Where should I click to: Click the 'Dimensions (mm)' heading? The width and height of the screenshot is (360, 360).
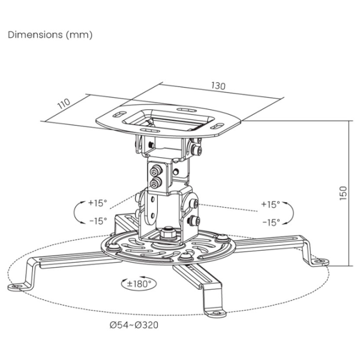(x=50, y=35)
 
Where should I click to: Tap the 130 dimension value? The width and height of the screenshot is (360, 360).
(x=218, y=86)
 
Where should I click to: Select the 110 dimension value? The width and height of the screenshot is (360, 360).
(x=64, y=104)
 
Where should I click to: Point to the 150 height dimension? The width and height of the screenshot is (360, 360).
(x=343, y=193)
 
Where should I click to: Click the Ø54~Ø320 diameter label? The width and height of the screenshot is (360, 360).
(x=134, y=325)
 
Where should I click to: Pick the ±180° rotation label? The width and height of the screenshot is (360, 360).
(x=139, y=284)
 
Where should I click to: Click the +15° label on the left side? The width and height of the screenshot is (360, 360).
(x=98, y=203)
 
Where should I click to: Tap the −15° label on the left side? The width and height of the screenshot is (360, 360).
(x=98, y=221)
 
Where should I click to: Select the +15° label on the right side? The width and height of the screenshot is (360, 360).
(x=271, y=204)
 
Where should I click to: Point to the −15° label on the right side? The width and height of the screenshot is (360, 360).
(x=271, y=222)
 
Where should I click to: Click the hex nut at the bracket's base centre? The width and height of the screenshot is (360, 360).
(x=168, y=233)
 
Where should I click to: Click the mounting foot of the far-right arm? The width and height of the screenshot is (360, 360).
(x=321, y=262)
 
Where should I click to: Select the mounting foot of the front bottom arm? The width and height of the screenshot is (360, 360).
(x=215, y=313)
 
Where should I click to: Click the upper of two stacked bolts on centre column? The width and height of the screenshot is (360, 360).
(x=156, y=171)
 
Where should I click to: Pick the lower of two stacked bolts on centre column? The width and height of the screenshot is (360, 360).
(x=155, y=183)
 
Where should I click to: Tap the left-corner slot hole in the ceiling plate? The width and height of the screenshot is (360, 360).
(x=119, y=114)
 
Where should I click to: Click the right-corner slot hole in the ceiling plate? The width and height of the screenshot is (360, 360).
(x=217, y=126)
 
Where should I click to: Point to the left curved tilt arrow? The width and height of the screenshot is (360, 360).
(x=77, y=212)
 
